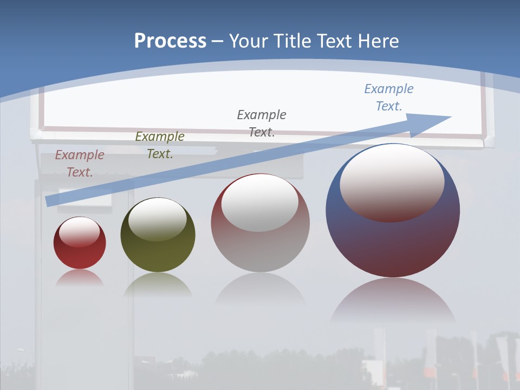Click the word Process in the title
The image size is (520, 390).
coord(170,41)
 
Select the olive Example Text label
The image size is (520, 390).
coord(160,145)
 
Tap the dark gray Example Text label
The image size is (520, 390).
coord(262,123)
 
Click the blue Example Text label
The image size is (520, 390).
coord(389,97)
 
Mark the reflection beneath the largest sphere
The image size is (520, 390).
coord(393,301)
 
